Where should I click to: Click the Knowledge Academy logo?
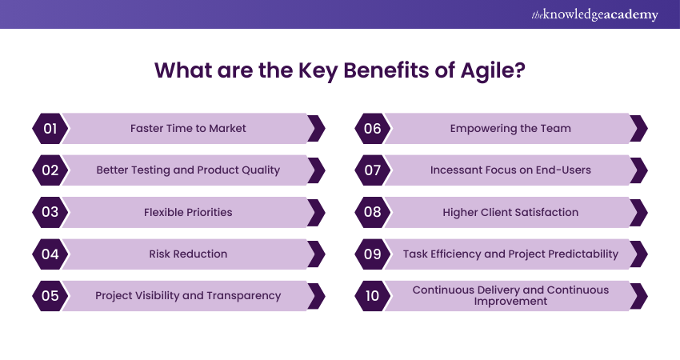pyautogui.click(x=594, y=14)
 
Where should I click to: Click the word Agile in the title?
pyautogui.click(x=487, y=70)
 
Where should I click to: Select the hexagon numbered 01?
pyautogui.click(x=50, y=128)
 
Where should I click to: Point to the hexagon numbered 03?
pyautogui.click(x=50, y=212)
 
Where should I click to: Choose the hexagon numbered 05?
pyautogui.click(x=50, y=296)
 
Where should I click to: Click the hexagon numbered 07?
pyautogui.click(x=373, y=170)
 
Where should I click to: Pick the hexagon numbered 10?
pyautogui.click(x=373, y=296)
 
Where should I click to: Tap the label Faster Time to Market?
pyautogui.click(x=188, y=128)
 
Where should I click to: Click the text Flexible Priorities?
pyautogui.click(x=188, y=212)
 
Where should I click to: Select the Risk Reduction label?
pyautogui.click(x=188, y=254)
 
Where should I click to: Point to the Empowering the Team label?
pyautogui.click(x=510, y=128)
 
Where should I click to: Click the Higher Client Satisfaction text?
pyautogui.click(x=510, y=212)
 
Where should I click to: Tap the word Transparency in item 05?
pyautogui.click(x=244, y=296)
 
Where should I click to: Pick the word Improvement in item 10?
pyautogui.click(x=510, y=302)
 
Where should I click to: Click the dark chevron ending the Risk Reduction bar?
pyautogui.click(x=317, y=254)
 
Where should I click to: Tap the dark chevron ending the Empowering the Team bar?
pyautogui.click(x=639, y=128)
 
